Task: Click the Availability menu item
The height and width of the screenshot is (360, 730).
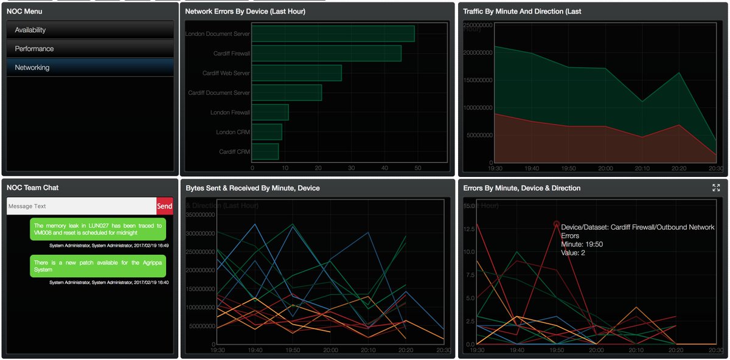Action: coord(90,30)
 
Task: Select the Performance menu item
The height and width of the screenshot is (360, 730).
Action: coord(90,49)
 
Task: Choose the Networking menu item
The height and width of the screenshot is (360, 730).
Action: coord(90,67)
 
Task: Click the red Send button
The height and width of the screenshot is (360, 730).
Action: coord(165,206)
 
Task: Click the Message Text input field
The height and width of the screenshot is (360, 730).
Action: coord(81,206)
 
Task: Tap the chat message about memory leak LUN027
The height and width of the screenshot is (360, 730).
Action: coord(98,229)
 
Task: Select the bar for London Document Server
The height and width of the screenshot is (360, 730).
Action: coord(333,34)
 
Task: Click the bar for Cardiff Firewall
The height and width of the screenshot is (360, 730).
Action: coord(326,54)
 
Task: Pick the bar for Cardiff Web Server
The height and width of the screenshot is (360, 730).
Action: coord(296,73)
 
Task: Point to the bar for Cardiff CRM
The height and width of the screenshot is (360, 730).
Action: coord(265,151)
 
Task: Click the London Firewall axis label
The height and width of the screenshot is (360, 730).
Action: coord(230,112)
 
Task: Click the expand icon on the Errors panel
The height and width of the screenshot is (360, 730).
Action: coord(716,188)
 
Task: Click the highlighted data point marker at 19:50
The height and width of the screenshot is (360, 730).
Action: coord(556,224)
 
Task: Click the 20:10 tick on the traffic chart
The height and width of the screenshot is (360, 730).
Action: coord(642,168)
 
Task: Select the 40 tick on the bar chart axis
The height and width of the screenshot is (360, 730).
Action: coord(384,168)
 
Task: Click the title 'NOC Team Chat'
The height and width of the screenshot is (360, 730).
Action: coord(32,188)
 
